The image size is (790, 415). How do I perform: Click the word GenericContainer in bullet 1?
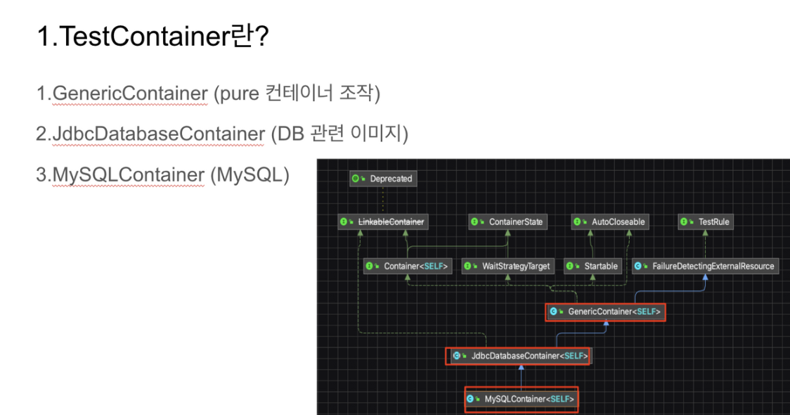tap(130, 93)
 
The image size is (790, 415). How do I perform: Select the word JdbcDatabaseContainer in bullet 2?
tap(158, 134)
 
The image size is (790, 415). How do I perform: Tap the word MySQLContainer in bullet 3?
tap(127, 174)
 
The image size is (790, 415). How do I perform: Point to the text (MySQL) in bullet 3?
tap(250, 174)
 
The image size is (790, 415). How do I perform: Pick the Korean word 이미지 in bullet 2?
tap(373, 134)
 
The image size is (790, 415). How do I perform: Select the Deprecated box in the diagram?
tap(382, 179)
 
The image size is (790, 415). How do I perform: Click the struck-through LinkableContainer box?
tap(383, 222)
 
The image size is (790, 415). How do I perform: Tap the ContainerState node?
tap(507, 222)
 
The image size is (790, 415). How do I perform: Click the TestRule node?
tap(705, 222)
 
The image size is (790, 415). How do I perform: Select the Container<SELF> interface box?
tap(407, 267)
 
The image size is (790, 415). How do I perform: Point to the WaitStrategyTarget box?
tap(508, 267)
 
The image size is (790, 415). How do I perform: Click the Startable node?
tap(592, 267)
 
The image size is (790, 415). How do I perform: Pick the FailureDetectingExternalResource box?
tap(705, 267)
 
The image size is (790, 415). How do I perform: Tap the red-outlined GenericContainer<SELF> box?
tap(605, 311)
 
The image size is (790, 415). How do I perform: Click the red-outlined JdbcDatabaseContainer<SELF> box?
tap(519, 356)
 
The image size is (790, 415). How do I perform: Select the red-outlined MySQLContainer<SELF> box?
tap(521, 399)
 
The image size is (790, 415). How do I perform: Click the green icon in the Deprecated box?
tap(356, 179)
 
